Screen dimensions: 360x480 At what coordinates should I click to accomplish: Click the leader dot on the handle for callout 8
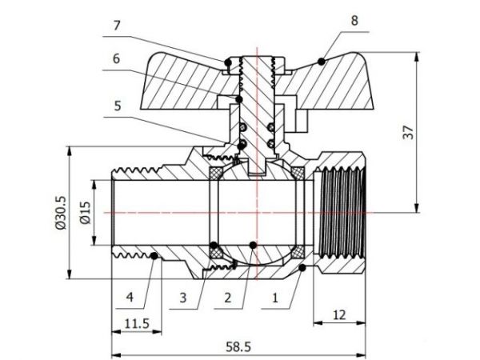pos(321,61)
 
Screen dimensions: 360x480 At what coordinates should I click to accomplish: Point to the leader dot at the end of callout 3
pos(214,245)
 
